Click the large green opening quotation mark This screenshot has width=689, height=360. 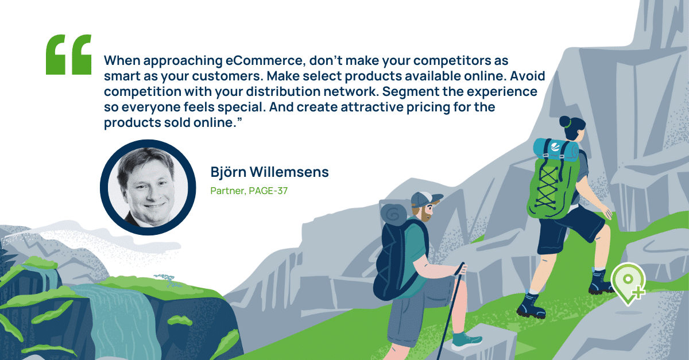pos(68,55)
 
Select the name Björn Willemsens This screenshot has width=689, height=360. pos(269,172)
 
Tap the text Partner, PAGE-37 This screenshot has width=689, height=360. pos(249,191)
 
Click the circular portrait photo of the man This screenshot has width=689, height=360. pos(148,187)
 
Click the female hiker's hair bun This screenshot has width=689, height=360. pos(566,122)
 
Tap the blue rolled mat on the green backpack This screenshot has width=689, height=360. pos(556,150)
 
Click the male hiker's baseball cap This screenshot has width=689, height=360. pos(427,199)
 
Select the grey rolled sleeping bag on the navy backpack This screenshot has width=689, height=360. pos(394,215)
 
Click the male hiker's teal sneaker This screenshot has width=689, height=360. pos(467,340)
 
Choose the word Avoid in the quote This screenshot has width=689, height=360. pos(528,76)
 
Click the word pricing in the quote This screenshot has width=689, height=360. pos(428,107)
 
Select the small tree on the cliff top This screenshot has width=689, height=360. pos(165,280)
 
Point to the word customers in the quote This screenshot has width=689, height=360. pos(227,76)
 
